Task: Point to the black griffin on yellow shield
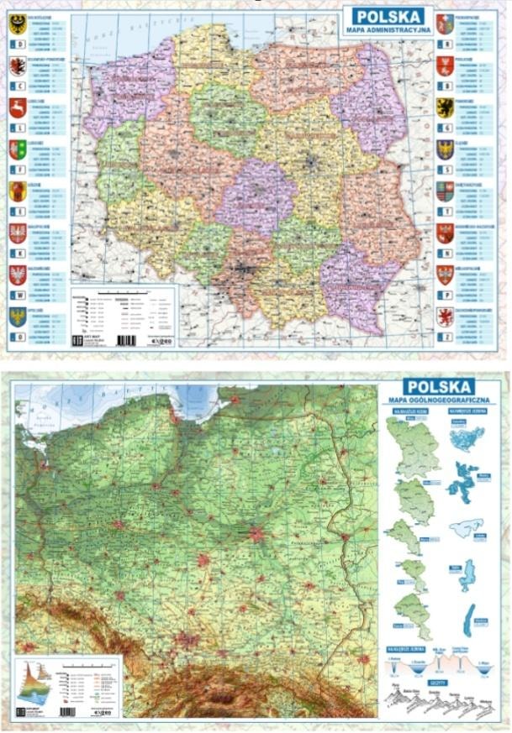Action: tap(445, 107)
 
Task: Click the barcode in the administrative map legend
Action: tap(125, 340)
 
